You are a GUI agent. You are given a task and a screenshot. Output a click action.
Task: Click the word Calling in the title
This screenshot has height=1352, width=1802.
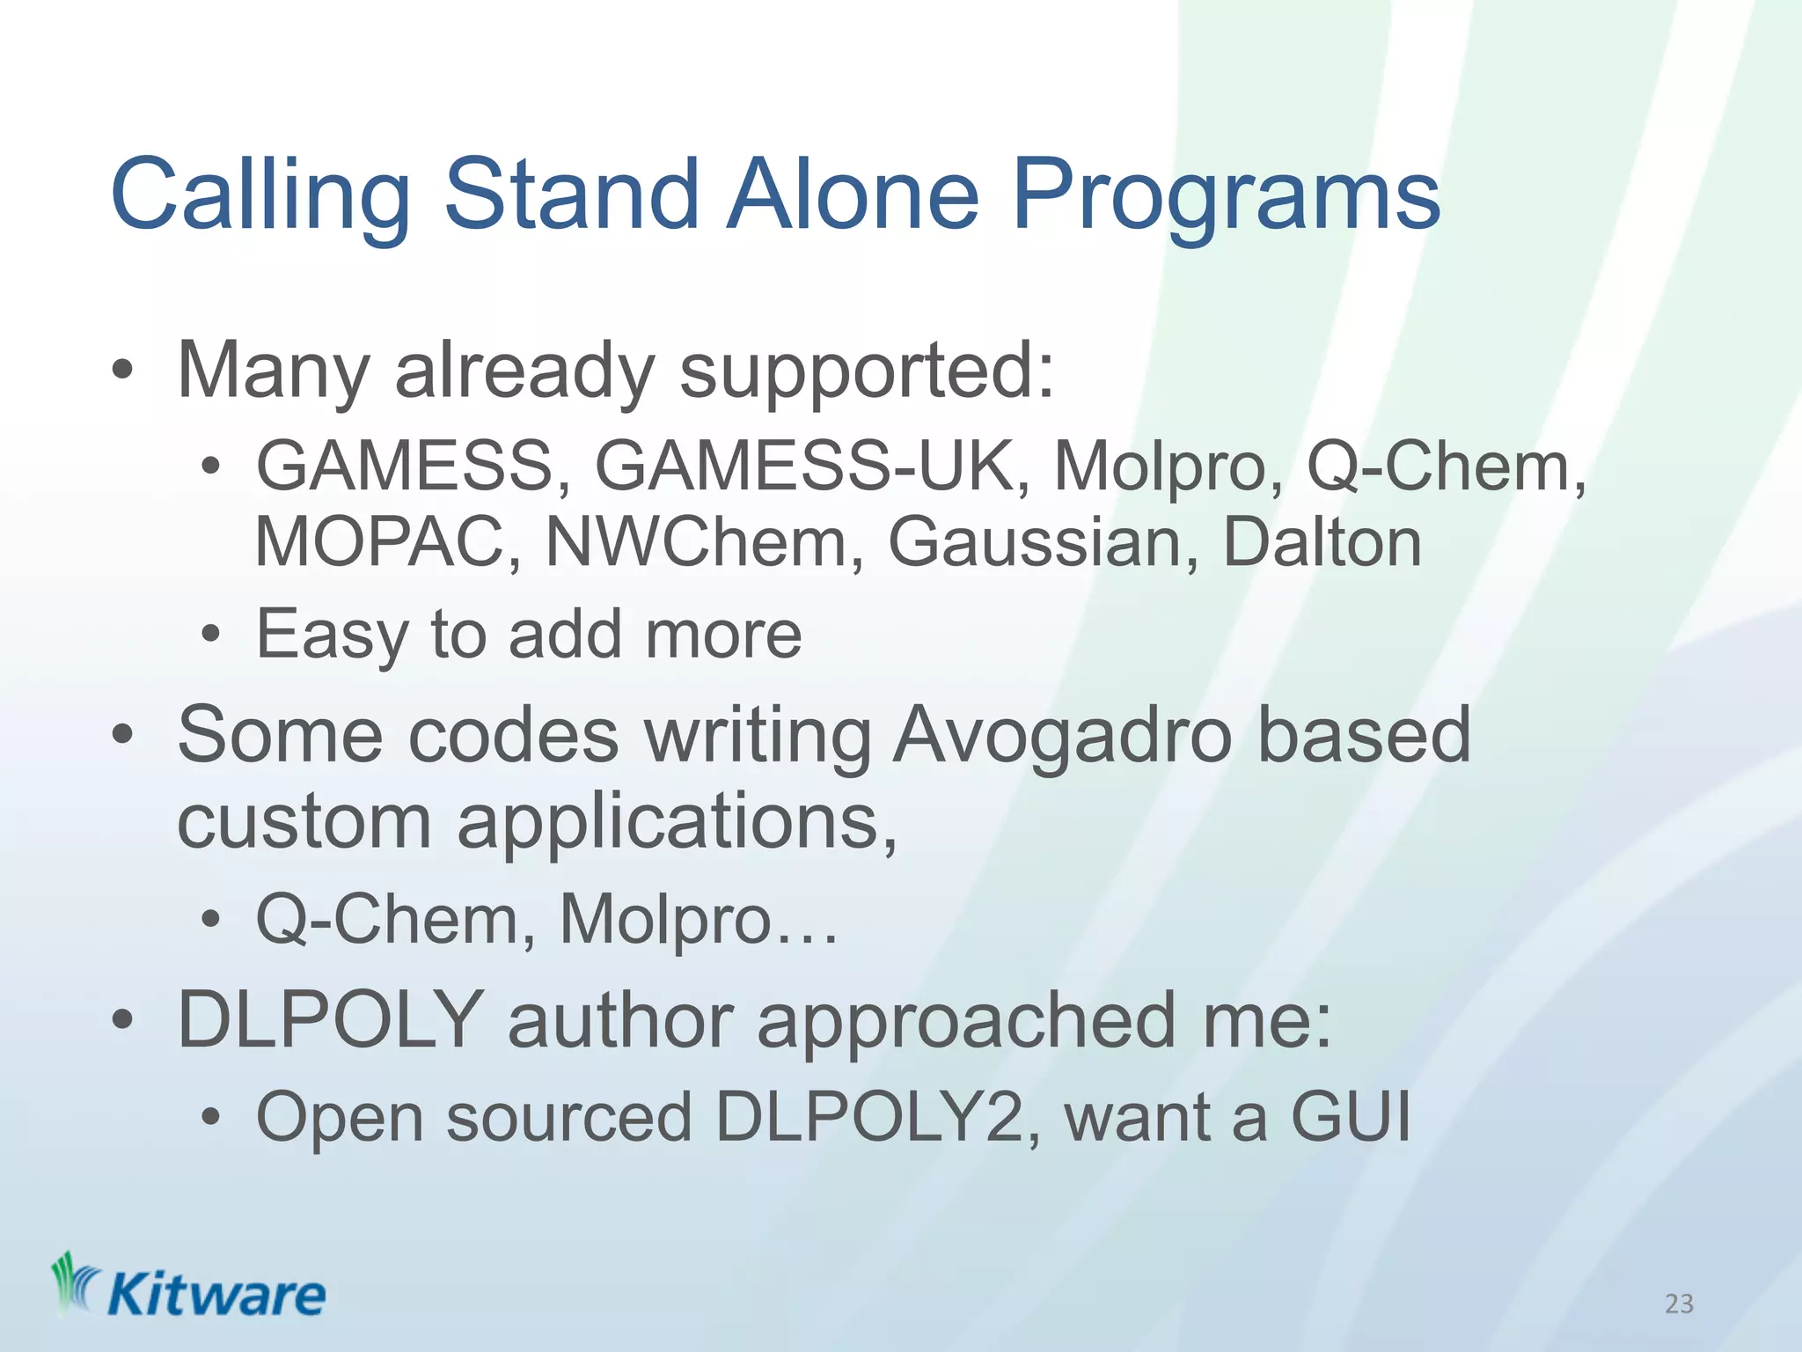point(260,195)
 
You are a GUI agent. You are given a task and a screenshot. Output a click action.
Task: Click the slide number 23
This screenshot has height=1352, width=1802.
point(1679,1304)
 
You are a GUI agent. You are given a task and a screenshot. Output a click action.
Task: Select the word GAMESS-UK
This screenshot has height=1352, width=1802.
point(804,467)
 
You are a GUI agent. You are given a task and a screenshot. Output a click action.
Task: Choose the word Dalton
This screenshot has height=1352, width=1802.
point(1322,542)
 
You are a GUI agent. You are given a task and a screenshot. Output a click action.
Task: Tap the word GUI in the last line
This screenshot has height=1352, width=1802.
point(1350,1117)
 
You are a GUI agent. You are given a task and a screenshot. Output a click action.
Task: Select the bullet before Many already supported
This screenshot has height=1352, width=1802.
point(122,371)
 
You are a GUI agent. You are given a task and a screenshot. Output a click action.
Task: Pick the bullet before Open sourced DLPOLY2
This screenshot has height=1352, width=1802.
point(210,1118)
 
